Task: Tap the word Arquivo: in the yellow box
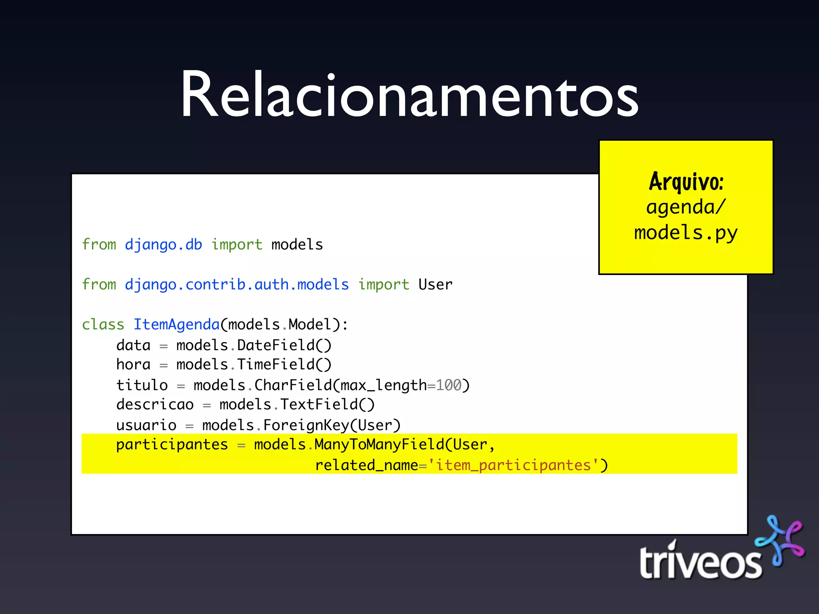click(x=686, y=182)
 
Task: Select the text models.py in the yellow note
click(x=686, y=233)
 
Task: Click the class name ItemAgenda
click(x=176, y=325)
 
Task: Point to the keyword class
click(x=103, y=325)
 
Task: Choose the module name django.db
click(x=163, y=245)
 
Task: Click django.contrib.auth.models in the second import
click(x=237, y=285)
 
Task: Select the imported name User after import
click(x=435, y=285)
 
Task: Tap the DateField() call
click(x=284, y=345)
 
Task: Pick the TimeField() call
click(x=284, y=365)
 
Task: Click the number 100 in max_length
click(x=449, y=385)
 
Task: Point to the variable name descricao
click(x=155, y=405)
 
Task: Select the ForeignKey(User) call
click(x=332, y=425)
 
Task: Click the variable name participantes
click(x=172, y=445)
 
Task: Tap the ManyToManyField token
click(x=379, y=445)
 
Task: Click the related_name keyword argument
click(x=366, y=465)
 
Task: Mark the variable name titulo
click(x=142, y=385)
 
